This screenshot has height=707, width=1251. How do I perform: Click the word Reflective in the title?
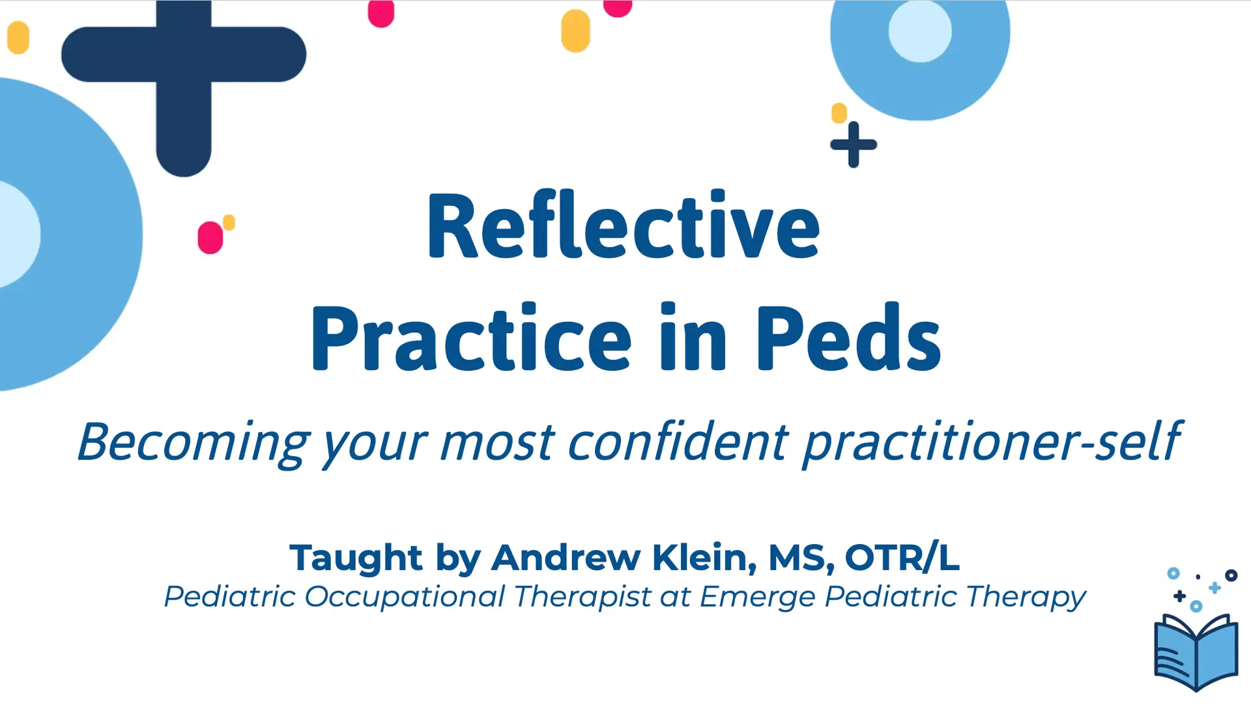click(623, 226)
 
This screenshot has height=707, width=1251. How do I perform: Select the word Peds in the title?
click(848, 338)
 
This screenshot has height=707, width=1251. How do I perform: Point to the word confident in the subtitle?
click(678, 441)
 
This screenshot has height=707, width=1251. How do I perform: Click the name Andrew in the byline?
click(566, 558)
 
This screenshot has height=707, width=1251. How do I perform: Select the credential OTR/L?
click(902, 558)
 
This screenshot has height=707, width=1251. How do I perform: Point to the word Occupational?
click(405, 597)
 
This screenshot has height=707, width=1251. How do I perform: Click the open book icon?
click(1196, 652)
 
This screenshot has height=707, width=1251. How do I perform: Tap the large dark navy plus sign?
click(184, 65)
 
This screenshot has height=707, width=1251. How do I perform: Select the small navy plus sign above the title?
click(854, 145)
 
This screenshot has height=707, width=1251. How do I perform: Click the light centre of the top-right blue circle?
click(920, 31)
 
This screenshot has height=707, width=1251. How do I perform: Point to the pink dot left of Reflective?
click(210, 237)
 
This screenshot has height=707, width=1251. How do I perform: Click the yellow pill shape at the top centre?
click(575, 31)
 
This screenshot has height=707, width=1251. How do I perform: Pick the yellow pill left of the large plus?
click(18, 37)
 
